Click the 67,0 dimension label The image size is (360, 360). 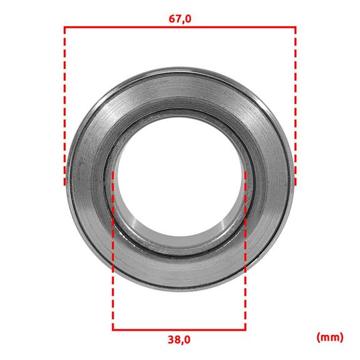(180, 19)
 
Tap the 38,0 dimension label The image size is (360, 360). (179, 339)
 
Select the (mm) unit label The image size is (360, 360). (330, 337)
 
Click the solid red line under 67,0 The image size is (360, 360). (180, 27)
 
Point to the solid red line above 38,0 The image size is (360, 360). (179, 330)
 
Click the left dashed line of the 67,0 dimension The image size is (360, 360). (64, 106)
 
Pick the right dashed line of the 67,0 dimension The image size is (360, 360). (296, 106)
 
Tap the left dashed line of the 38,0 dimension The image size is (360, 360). (113, 250)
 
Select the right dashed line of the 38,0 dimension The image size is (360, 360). (245, 250)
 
